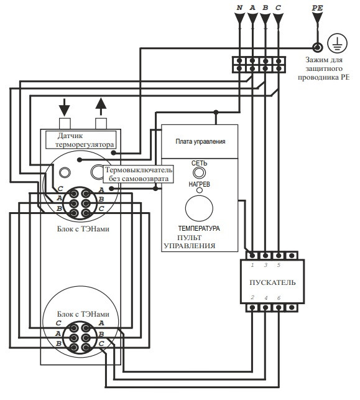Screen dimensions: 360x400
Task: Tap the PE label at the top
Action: point(318,8)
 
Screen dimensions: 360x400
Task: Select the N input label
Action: point(239,8)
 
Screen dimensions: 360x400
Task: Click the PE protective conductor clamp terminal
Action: point(318,47)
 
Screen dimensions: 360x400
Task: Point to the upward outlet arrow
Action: point(101,107)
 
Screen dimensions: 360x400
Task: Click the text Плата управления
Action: point(200,141)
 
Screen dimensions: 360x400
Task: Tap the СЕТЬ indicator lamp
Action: point(200,173)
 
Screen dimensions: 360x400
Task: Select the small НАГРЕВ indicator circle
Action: point(200,190)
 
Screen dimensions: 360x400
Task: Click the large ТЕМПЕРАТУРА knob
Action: point(199,208)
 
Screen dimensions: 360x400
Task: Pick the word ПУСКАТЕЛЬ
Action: point(272,282)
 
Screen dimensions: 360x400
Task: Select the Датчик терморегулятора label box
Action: point(81,140)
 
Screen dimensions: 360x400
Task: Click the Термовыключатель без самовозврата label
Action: point(139,174)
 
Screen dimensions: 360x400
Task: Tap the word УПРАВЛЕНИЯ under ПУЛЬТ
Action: point(190,246)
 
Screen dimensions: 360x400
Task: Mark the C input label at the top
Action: point(278,8)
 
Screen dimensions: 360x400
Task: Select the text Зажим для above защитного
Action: point(324,60)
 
